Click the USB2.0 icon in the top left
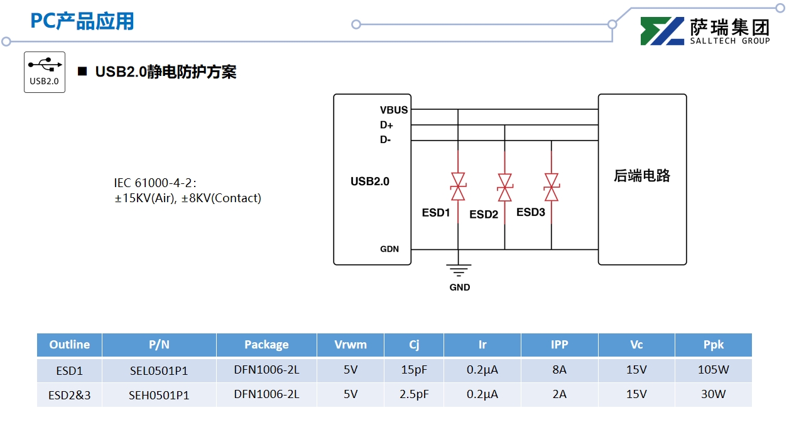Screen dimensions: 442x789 45,72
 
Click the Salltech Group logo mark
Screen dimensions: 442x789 662,31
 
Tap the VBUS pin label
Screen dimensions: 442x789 394,110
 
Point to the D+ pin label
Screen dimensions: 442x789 386,125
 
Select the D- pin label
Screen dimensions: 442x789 385,140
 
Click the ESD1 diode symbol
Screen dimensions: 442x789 458,186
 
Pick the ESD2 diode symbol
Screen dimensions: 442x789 504,187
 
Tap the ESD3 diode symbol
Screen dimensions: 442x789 551,187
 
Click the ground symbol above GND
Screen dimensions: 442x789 459,270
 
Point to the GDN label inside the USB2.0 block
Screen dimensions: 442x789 389,249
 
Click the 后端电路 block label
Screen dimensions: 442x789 642,176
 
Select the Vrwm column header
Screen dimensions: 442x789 351,345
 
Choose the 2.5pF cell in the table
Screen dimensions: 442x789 414,394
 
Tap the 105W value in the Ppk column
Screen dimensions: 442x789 713,370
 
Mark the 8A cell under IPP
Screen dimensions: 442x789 559,370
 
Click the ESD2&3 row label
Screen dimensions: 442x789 69,396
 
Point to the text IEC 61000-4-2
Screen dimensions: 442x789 155,183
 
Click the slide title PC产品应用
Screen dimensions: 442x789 82,21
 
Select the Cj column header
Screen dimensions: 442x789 414,345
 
